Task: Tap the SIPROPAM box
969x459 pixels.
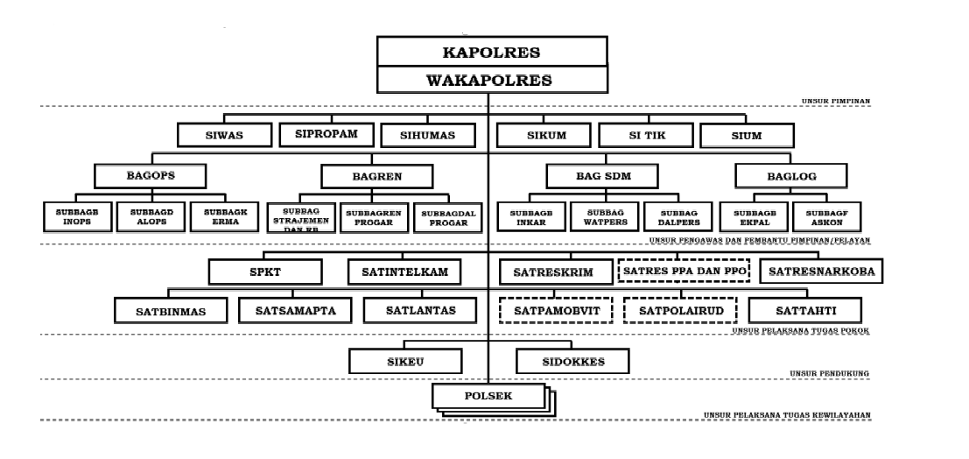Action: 327,134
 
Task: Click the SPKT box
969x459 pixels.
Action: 271,272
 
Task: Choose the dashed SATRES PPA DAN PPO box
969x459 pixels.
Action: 685,271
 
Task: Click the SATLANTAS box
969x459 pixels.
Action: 418,310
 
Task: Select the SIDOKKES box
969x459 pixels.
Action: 572,360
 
